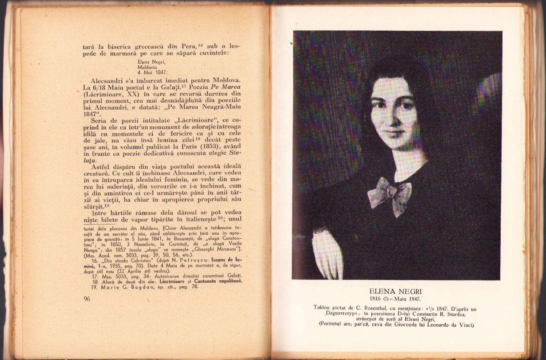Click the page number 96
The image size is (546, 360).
pyautogui.click(x=87, y=299)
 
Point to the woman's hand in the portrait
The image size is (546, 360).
pyautogui.click(x=328, y=252)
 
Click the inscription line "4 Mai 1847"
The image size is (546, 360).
pyautogui.click(x=152, y=72)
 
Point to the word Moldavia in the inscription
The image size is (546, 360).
pyautogui.click(x=149, y=67)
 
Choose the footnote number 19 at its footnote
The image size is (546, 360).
pyautogui.click(x=94, y=287)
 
